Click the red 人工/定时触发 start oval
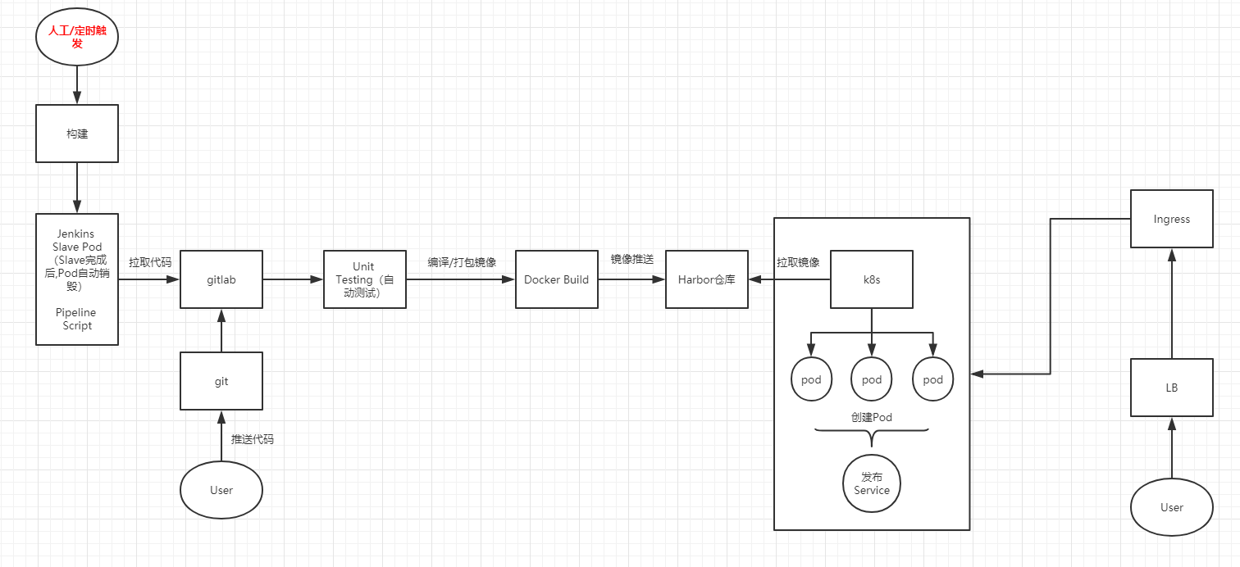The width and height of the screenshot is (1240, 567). point(77,37)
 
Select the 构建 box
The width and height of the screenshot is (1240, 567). point(77,133)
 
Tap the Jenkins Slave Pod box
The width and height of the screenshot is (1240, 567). point(77,279)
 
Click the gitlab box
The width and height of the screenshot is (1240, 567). point(221,279)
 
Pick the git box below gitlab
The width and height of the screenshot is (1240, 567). point(221,381)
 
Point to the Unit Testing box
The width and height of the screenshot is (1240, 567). point(364,279)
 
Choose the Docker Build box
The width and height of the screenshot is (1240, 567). point(556,279)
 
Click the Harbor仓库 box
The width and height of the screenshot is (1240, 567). point(706,279)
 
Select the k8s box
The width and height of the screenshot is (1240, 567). point(871,279)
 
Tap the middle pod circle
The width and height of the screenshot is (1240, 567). point(871,379)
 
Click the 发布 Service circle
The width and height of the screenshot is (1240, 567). point(871,483)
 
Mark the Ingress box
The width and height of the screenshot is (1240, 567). point(1171,219)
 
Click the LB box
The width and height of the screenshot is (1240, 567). point(1171,388)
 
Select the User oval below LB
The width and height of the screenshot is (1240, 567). point(1171,507)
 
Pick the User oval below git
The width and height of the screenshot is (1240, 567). point(221,490)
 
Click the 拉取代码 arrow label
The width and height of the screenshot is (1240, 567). point(150,262)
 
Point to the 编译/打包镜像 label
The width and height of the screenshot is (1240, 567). point(462,262)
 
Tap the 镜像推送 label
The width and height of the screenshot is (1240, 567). point(631,259)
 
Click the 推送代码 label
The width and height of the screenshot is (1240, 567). point(253,439)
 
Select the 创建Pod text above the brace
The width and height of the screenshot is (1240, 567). point(871,417)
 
